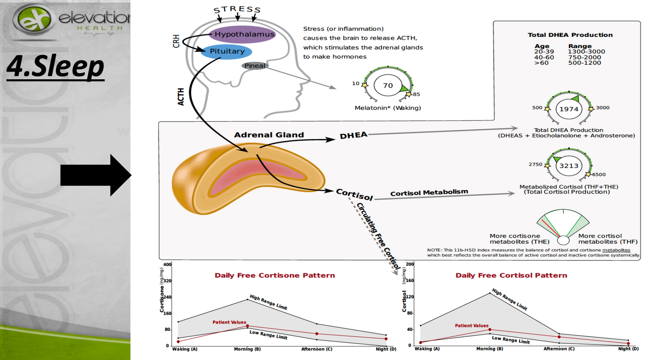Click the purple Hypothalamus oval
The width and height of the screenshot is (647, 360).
click(242, 34)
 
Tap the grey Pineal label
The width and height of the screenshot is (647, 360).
click(255, 66)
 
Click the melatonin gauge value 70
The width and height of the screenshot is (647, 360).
click(388, 85)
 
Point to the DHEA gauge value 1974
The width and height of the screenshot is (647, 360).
click(569, 109)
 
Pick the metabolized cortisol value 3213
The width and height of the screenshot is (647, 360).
click(569, 165)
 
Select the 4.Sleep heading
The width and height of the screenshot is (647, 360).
click(55, 66)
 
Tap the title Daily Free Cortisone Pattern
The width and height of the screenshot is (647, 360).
click(275, 275)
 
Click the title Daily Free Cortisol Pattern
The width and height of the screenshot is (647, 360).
click(511, 275)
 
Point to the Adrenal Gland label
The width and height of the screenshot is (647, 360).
click(269, 135)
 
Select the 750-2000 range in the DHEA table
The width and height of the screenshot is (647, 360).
click(584, 57)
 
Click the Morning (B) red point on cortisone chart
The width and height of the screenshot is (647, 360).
click(247, 326)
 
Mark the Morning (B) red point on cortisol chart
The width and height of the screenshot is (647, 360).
click(490, 330)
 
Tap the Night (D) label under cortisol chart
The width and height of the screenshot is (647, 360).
click(628, 349)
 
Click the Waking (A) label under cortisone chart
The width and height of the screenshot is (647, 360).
click(185, 349)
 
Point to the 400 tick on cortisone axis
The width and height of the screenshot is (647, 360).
click(167, 265)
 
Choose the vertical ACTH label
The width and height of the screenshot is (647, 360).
click(181, 97)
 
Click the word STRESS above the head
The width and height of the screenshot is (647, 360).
click(237, 9)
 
